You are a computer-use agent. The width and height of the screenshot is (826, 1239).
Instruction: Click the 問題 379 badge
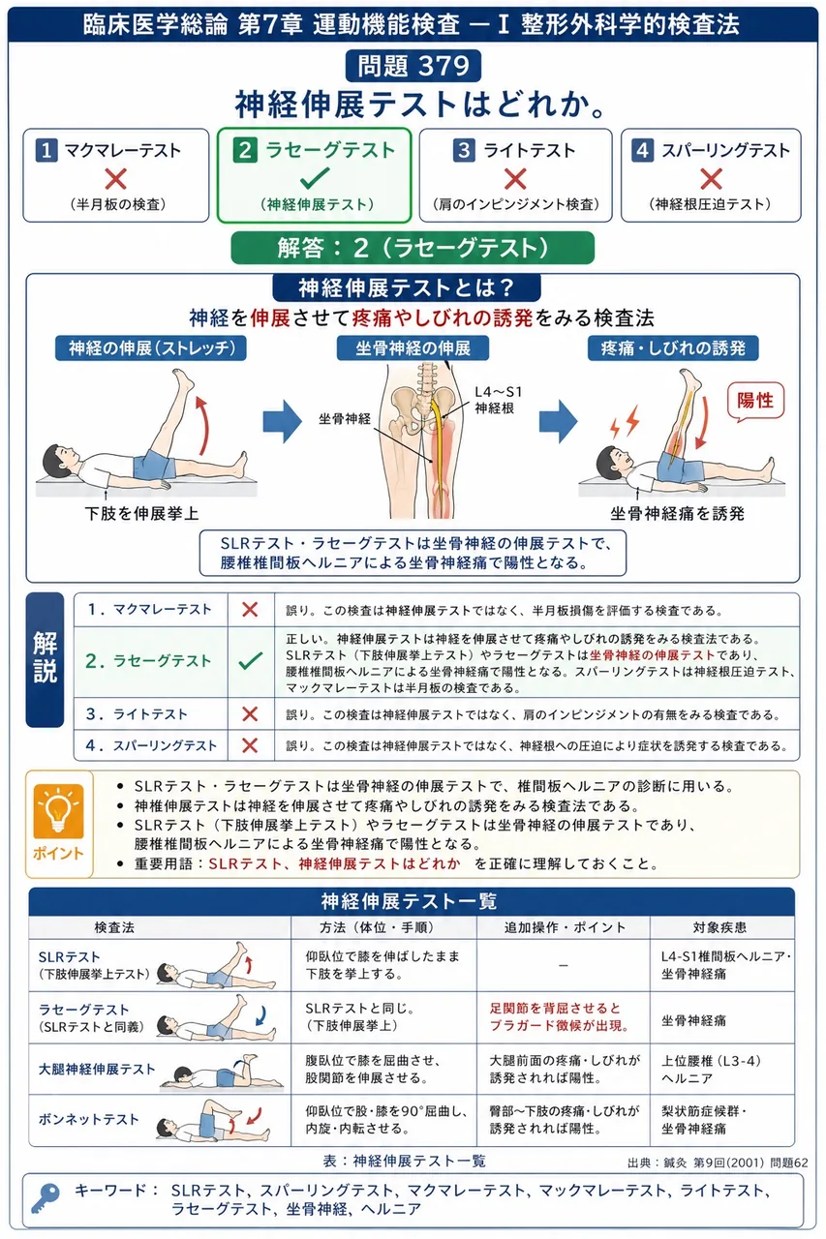tap(413, 66)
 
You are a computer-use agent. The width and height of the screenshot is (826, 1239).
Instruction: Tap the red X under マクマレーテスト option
tap(115, 179)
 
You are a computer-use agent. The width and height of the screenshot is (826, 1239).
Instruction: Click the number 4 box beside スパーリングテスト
tap(642, 150)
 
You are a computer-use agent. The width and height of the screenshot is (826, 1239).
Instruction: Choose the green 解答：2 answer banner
tap(413, 248)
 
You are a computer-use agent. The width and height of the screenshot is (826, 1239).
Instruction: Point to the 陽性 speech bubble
tap(755, 401)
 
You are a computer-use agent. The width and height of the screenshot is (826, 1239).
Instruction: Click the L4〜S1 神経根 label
tap(498, 400)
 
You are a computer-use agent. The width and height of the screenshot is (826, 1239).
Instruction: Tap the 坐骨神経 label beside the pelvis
tap(345, 419)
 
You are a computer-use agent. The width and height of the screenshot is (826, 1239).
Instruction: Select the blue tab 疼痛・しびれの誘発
tap(673, 348)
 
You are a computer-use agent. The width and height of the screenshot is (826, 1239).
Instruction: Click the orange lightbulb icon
tap(58, 811)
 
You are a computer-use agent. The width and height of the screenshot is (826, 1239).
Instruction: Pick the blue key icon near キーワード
tap(46, 1198)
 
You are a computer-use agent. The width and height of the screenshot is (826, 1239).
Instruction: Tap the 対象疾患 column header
tap(719, 927)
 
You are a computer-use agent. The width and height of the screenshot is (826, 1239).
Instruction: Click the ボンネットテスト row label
tap(88, 1120)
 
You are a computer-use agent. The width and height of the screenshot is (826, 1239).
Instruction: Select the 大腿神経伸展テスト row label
tap(97, 1070)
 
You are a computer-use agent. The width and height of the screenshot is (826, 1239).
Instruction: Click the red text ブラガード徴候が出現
tap(560, 1025)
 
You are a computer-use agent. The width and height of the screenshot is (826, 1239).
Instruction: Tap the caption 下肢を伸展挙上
tap(141, 513)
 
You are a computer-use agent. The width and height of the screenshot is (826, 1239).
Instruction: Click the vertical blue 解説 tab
tap(45, 659)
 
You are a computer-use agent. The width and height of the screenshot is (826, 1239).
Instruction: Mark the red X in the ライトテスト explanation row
tap(250, 713)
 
